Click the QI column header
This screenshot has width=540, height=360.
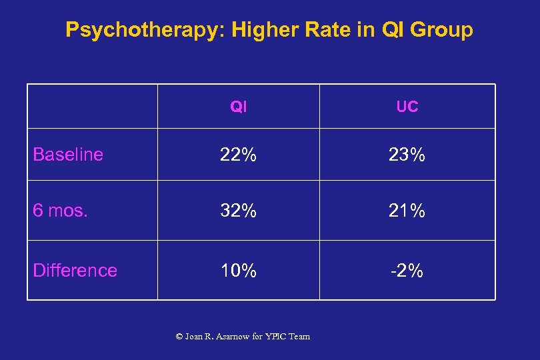pos(238,107)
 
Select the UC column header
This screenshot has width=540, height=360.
pos(407,107)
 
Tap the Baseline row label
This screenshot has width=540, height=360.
pos(68,155)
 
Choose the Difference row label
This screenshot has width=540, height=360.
pos(75,270)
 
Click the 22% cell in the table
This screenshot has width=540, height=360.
pos(238,155)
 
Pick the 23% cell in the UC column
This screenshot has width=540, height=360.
pos(407,155)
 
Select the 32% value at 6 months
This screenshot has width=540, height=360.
pos(238,211)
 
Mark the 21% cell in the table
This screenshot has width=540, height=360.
pos(407,211)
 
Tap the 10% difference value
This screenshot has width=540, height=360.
pos(238,270)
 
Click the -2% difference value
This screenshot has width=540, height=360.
pos(407,270)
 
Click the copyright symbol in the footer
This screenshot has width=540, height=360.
pos(179,337)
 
